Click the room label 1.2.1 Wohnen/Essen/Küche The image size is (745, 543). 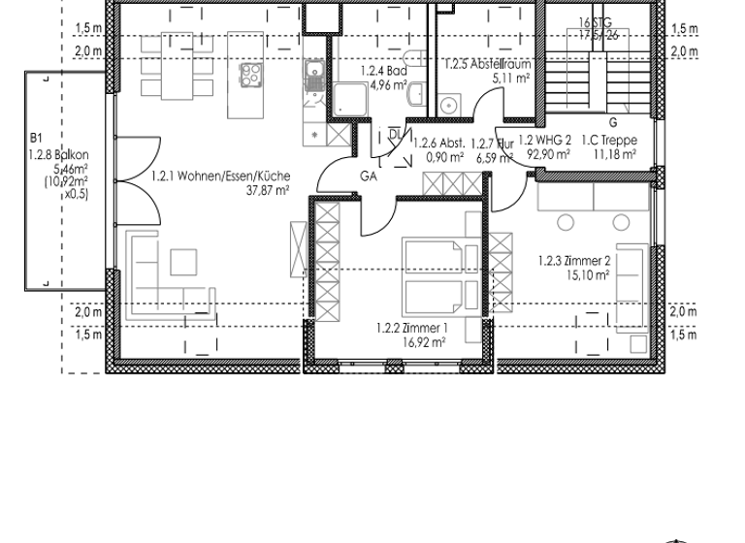(x=220, y=176)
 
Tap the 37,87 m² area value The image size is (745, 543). (x=270, y=191)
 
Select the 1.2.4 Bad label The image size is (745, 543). (x=382, y=71)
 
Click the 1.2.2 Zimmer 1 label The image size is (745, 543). (x=411, y=328)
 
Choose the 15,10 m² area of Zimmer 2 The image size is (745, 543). (x=589, y=274)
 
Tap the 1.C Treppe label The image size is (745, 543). (x=608, y=140)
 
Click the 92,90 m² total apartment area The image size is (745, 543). (x=546, y=153)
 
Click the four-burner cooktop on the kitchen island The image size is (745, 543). (x=251, y=77)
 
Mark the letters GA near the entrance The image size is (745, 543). (x=369, y=176)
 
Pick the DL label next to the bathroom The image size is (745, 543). (x=394, y=133)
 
